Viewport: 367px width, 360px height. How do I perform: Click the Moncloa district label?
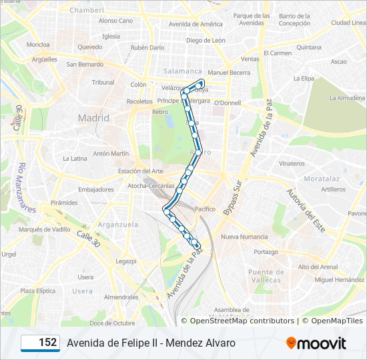coord(38,45)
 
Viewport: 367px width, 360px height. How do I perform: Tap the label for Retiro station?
coord(160,112)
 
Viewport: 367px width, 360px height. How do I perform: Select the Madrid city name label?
coord(93,118)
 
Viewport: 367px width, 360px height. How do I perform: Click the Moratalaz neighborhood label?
coord(322,179)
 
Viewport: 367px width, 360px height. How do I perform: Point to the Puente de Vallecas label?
coord(265,276)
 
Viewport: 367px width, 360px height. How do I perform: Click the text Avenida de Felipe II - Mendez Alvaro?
coord(151,343)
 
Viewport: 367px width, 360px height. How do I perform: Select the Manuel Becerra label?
coord(228,73)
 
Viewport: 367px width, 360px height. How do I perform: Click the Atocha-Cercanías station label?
coord(151,185)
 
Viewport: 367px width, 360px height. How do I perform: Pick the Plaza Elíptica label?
coord(37,291)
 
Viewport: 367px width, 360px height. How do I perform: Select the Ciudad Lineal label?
coord(349,23)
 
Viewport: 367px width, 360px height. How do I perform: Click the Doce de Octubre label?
coord(112,323)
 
